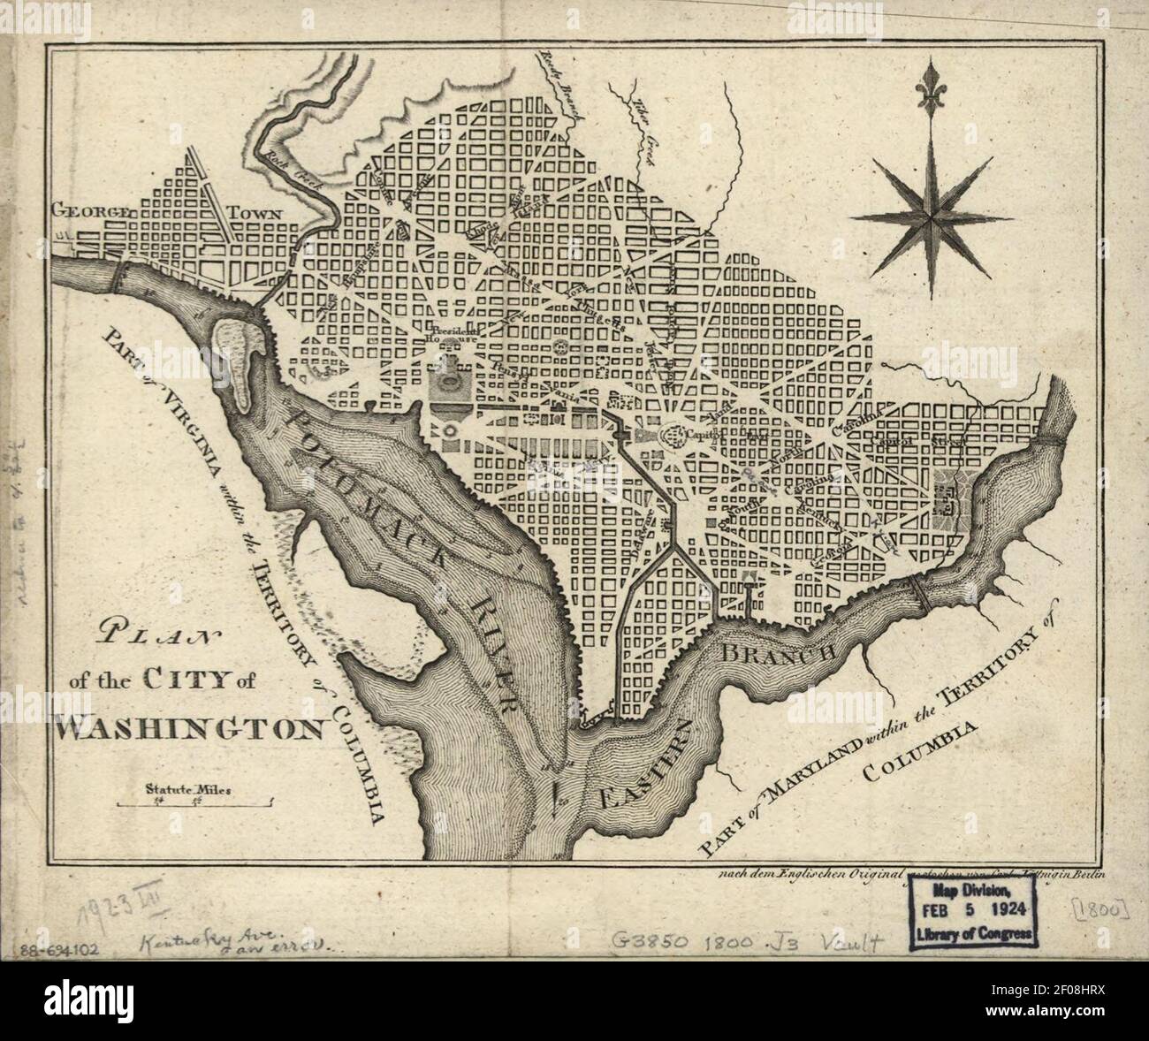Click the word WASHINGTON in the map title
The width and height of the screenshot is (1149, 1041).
(191, 727)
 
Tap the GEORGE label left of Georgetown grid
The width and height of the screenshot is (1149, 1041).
(91, 212)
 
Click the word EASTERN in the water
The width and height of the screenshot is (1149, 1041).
(650, 756)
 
